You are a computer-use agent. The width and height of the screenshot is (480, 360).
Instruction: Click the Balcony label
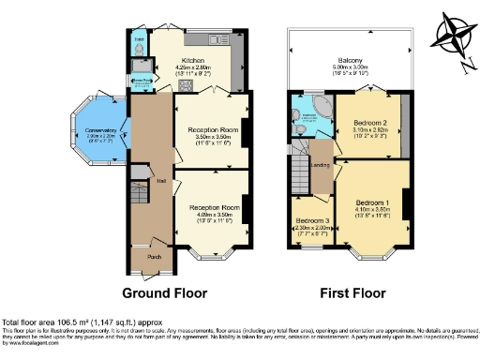click(x=350, y=61)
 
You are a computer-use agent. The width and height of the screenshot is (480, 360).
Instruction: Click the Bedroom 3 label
click(x=307, y=220)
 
